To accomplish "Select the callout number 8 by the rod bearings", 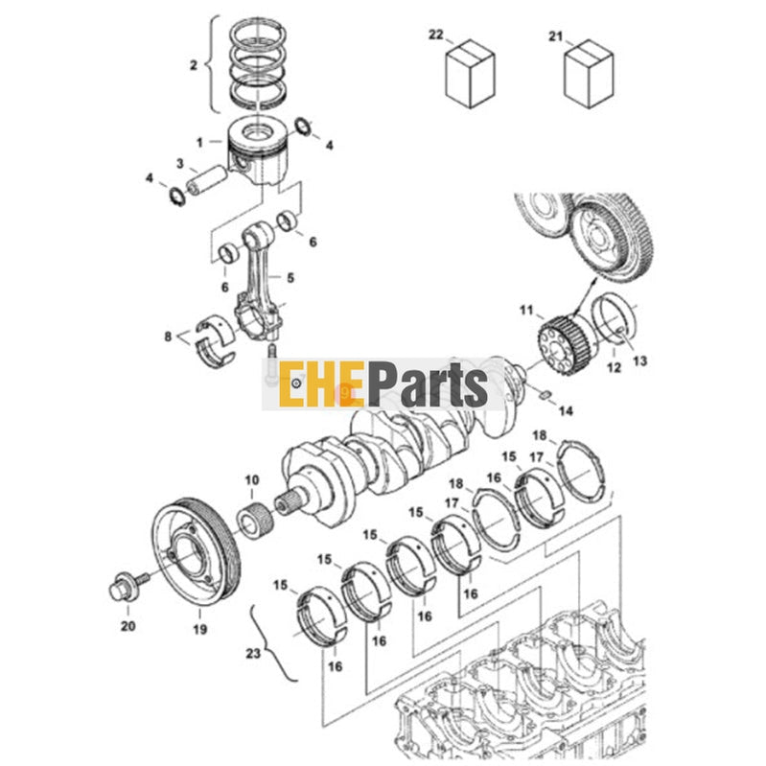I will [x=169, y=337].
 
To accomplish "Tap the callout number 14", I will [x=565, y=410].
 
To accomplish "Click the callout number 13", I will [x=639, y=361].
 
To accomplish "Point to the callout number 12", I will [x=614, y=366].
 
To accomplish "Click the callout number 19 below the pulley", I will [x=199, y=630].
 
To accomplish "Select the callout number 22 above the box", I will [x=436, y=35].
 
